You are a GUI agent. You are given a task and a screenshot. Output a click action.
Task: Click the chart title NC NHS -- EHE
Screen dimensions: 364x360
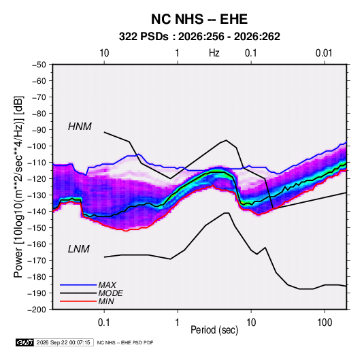pyautogui.click(x=199, y=19)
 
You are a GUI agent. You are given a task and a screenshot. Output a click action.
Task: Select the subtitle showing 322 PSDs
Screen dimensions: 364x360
pyautogui.click(x=199, y=37)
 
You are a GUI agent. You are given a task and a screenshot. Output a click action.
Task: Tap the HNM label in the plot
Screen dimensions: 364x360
pyautogui.click(x=80, y=127)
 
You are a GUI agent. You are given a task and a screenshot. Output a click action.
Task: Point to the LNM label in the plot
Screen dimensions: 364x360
pyautogui.click(x=79, y=249)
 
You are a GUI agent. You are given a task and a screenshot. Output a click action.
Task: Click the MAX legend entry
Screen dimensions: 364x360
pyautogui.click(x=107, y=285)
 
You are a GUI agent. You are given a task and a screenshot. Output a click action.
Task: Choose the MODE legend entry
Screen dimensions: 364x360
pyautogui.click(x=110, y=293)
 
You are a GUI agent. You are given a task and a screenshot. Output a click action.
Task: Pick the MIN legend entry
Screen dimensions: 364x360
pyautogui.click(x=106, y=301)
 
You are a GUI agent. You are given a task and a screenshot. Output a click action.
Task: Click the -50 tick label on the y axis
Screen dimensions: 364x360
pyautogui.click(x=39, y=65)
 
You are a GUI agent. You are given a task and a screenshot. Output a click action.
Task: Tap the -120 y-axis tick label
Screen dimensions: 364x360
pyautogui.click(x=37, y=179)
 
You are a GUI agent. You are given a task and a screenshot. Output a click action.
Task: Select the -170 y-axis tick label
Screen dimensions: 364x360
pyautogui.click(x=37, y=261)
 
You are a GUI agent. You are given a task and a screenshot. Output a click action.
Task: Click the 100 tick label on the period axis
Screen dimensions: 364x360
pyautogui.click(x=325, y=322)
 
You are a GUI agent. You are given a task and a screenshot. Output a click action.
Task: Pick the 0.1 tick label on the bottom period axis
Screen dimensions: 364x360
pyautogui.click(x=104, y=322)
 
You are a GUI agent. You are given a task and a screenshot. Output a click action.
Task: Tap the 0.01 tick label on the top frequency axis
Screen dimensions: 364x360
pyautogui.click(x=324, y=53)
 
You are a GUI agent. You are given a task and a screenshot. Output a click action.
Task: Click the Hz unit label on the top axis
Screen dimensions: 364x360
pyautogui.click(x=214, y=53)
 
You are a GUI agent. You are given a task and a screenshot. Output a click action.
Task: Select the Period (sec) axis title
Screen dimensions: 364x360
pyautogui.click(x=214, y=330)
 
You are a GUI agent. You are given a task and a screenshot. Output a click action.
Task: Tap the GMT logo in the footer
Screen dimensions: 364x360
pyautogui.click(x=25, y=342)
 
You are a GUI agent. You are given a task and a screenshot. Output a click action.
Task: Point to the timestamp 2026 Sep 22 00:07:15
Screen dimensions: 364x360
pyautogui.click(x=63, y=342)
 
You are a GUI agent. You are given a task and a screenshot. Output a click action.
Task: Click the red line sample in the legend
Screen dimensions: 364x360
pyautogui.click(x=78, y=301)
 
